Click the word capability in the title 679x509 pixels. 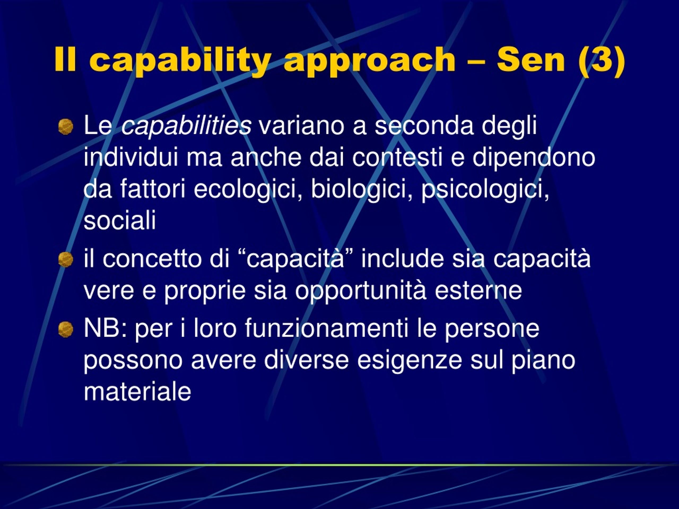coord(180,60)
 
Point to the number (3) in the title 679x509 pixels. coord(601,60)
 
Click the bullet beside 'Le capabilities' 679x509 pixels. coord(66,127)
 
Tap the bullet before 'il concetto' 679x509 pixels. coord(66,260)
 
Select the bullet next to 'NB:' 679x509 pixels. coord(66,330)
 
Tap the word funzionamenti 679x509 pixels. coord(327,328)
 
